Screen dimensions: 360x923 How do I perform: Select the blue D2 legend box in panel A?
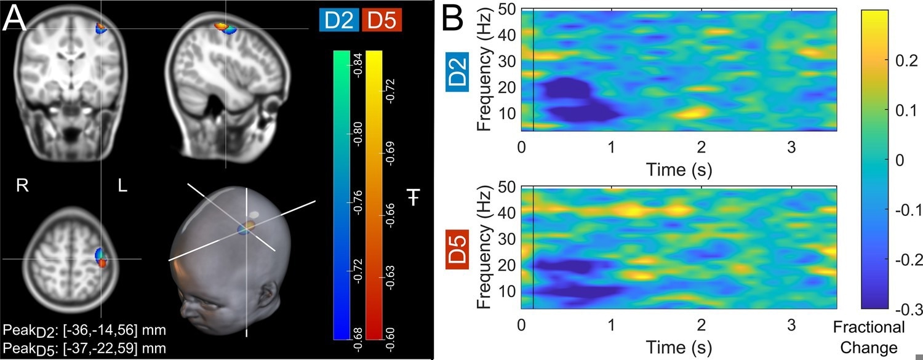339,21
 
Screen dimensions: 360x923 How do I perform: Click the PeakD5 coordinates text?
84,348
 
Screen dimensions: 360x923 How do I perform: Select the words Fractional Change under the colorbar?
869,335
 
